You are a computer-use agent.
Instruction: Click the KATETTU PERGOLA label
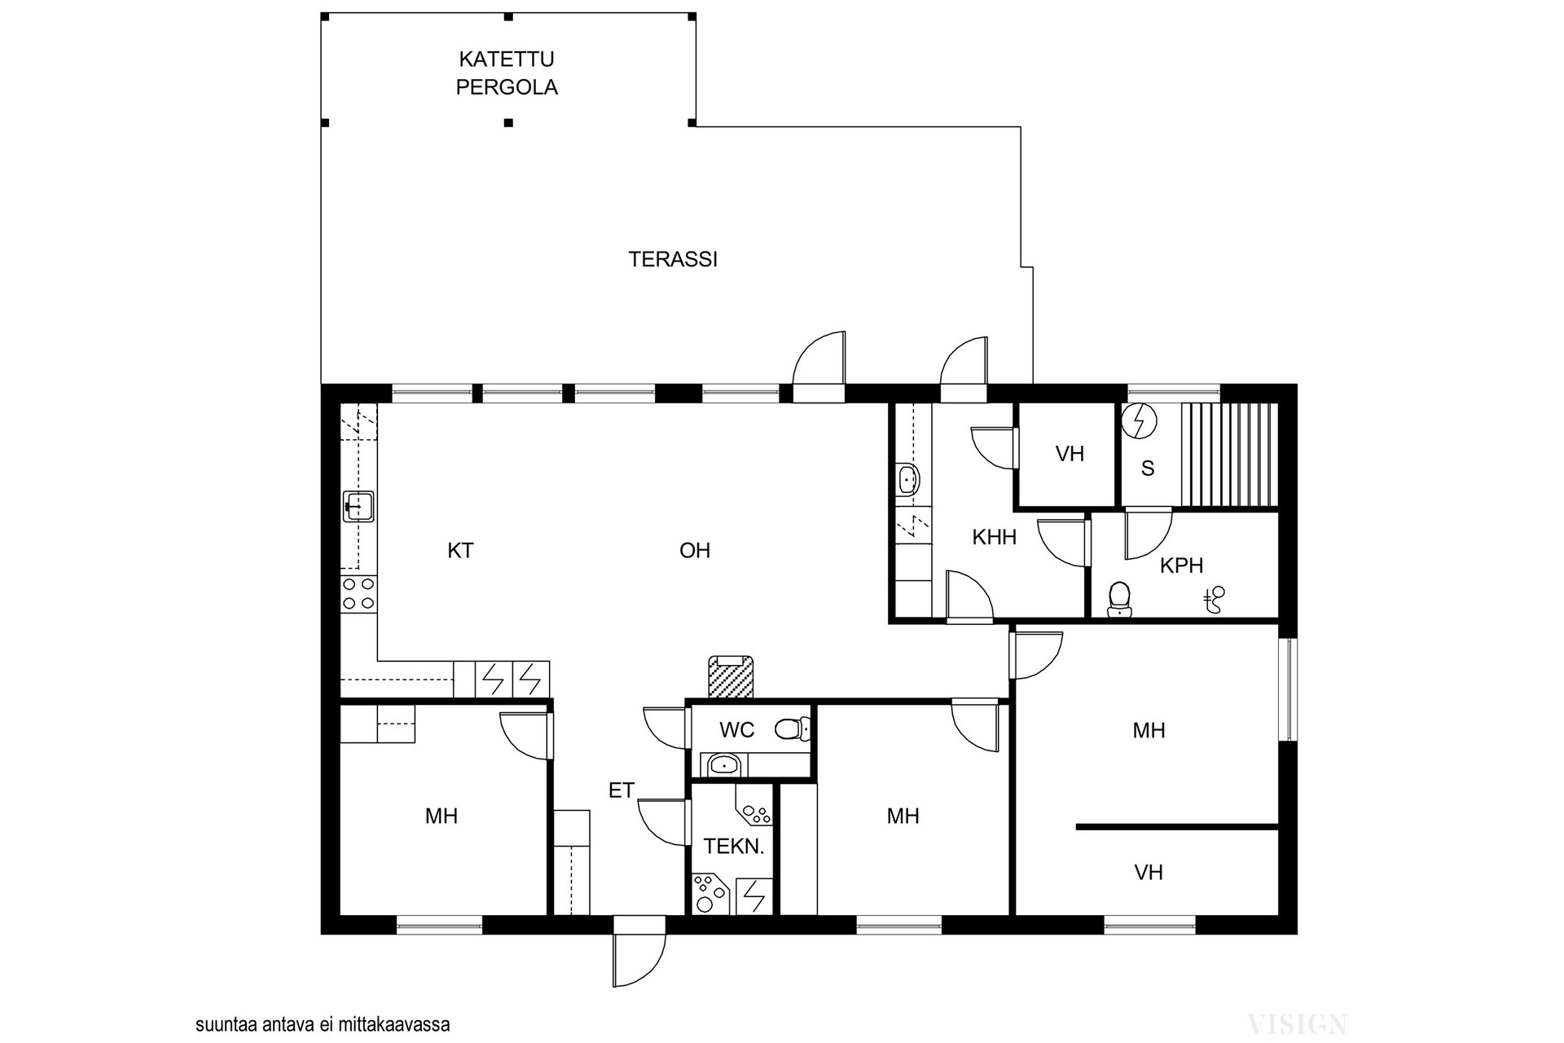507,73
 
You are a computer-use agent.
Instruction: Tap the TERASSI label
673,259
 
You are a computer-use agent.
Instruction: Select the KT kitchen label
460,551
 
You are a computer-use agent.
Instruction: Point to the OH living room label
695,551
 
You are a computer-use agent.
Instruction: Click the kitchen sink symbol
358,506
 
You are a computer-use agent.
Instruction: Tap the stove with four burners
358,593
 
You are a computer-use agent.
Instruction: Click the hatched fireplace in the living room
731,676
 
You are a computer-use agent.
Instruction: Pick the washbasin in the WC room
723,764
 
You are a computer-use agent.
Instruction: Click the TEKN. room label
734,847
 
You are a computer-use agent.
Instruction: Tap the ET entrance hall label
622,790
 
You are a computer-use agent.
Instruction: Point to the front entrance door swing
640,959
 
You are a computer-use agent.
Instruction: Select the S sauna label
1148,469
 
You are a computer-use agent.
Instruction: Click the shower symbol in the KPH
1215,601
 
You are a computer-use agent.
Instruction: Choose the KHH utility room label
995,537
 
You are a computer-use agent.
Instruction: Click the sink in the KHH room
908,479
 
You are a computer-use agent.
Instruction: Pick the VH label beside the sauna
1070,454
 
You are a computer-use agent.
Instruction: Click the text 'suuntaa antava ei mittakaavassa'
323,1024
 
